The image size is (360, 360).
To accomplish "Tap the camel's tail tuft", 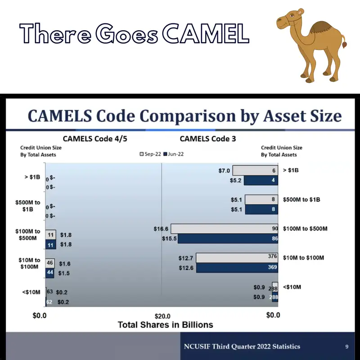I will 345,45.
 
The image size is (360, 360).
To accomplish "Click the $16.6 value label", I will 161,229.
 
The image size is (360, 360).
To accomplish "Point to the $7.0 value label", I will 224,171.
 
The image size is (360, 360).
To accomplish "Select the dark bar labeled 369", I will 237,268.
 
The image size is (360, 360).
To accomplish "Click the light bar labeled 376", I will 237,258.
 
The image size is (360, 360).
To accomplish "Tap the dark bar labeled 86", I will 228,238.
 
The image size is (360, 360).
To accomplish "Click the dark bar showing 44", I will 50,273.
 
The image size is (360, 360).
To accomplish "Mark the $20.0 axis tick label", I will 162,315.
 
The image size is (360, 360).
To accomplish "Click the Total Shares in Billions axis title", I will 165,324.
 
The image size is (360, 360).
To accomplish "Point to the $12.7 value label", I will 186,258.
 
